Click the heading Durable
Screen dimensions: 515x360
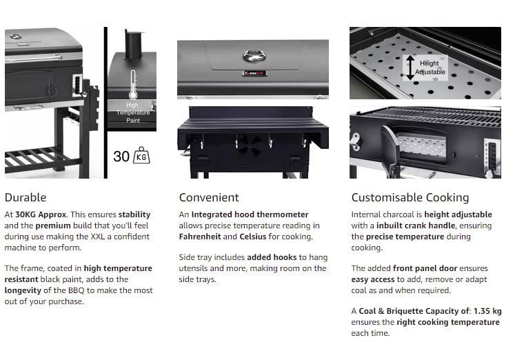point(26,197)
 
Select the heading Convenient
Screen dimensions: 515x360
point(209,197)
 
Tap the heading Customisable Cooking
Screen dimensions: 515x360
point(410,198)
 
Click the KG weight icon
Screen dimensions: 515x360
point(141,155)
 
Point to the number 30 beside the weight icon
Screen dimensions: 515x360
point(121,157)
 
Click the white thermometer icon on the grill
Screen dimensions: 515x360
point(133,84)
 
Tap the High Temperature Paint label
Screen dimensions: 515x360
point(133,112)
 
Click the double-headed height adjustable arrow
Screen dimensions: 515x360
point(410,68)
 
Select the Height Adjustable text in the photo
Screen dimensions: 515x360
point(430,68)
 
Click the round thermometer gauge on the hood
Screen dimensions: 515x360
point(254,55)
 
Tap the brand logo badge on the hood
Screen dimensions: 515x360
point(254,73)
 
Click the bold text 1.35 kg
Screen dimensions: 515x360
point(487,311)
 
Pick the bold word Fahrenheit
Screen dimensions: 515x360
point(200,237)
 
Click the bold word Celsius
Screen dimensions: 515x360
point(253,237)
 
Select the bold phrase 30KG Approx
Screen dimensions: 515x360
point(41,214)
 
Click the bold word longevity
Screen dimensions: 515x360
point(23,291)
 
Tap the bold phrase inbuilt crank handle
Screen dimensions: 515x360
point(416,226)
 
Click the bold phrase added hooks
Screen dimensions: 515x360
point(272,257)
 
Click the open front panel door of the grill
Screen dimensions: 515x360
point(390,151)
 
